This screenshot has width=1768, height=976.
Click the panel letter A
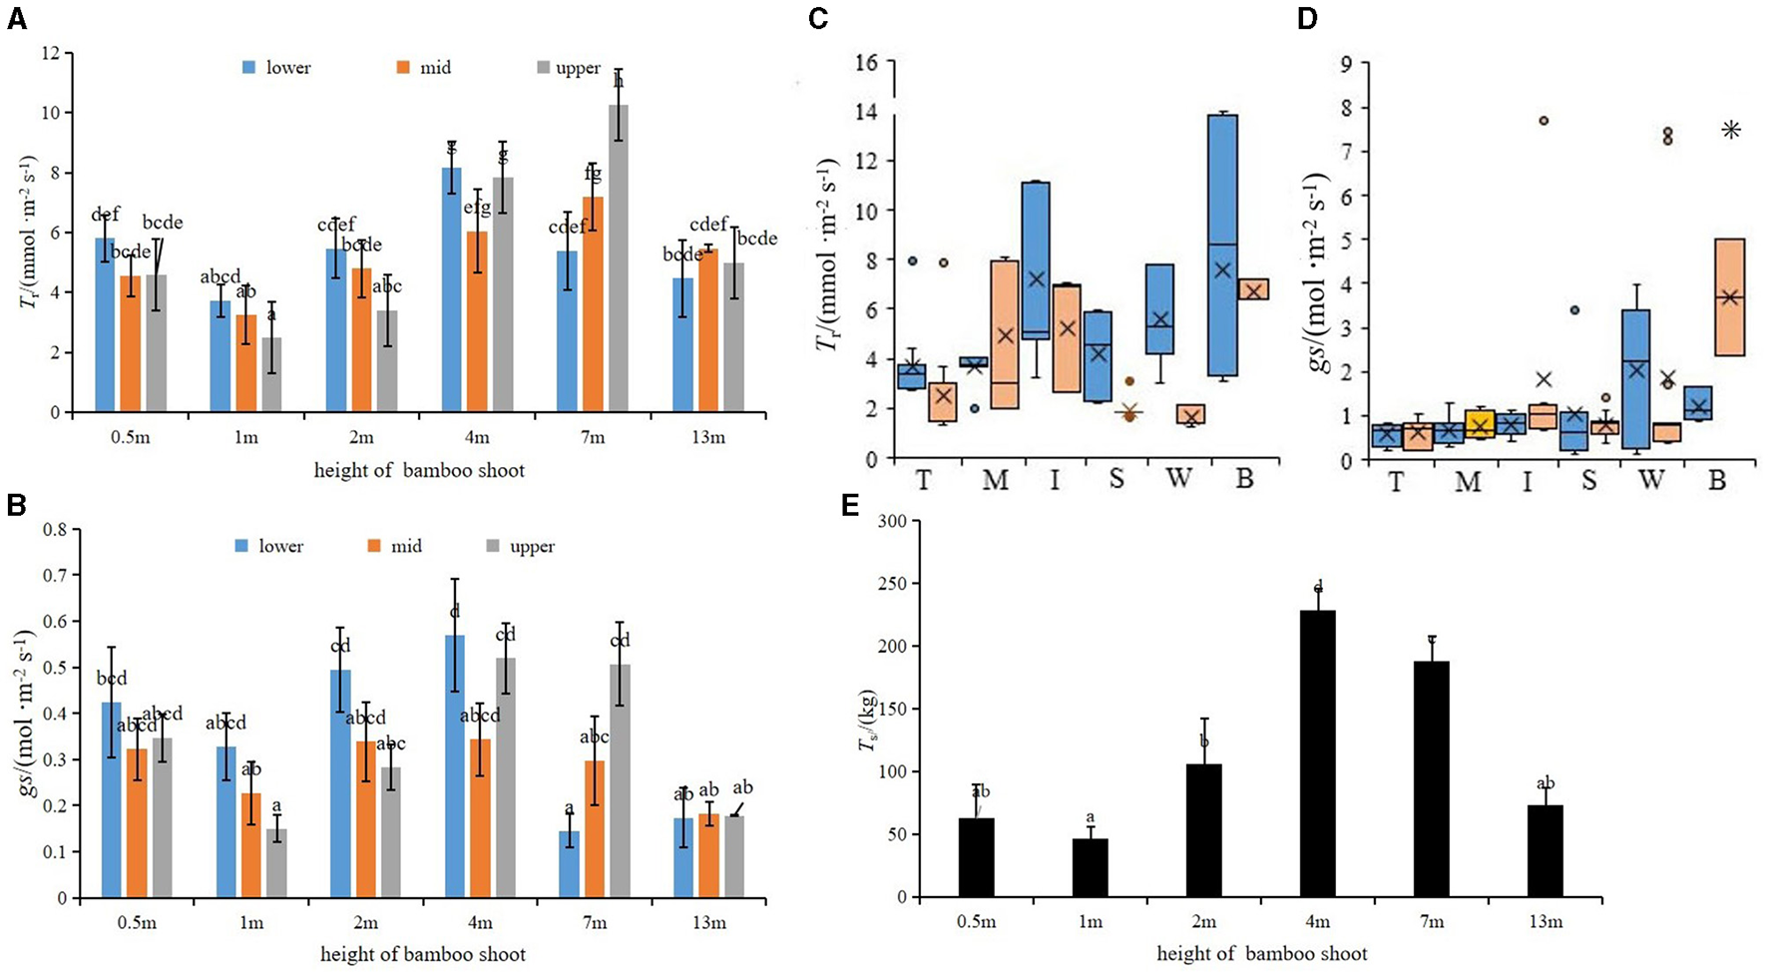(16, 21)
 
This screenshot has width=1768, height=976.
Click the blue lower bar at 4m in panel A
(452, 289)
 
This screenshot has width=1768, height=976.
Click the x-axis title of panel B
(423, 954)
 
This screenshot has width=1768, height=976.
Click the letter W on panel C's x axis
(1178, 480)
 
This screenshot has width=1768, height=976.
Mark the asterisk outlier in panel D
(1730, 129)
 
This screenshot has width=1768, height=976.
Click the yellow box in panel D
(1480, 424)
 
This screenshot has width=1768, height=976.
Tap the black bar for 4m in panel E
(1319, 753)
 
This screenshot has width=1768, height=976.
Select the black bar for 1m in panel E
(1090, 867)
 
